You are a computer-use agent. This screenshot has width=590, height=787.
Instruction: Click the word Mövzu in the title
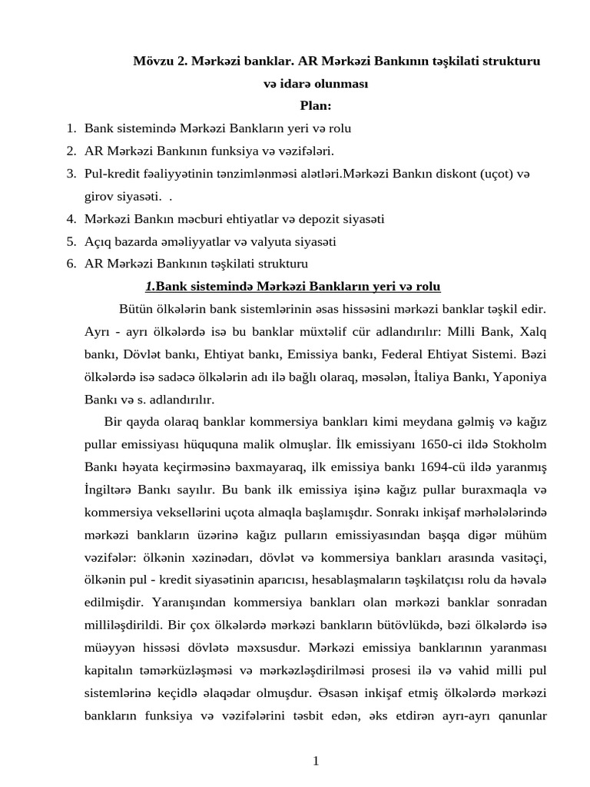click(153, 61)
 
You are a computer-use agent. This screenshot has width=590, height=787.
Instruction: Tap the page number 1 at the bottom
click(315, 761)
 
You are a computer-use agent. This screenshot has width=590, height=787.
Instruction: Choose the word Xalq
click(532, 332)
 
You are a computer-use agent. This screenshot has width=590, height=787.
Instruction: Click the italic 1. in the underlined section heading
click(150, 287)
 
